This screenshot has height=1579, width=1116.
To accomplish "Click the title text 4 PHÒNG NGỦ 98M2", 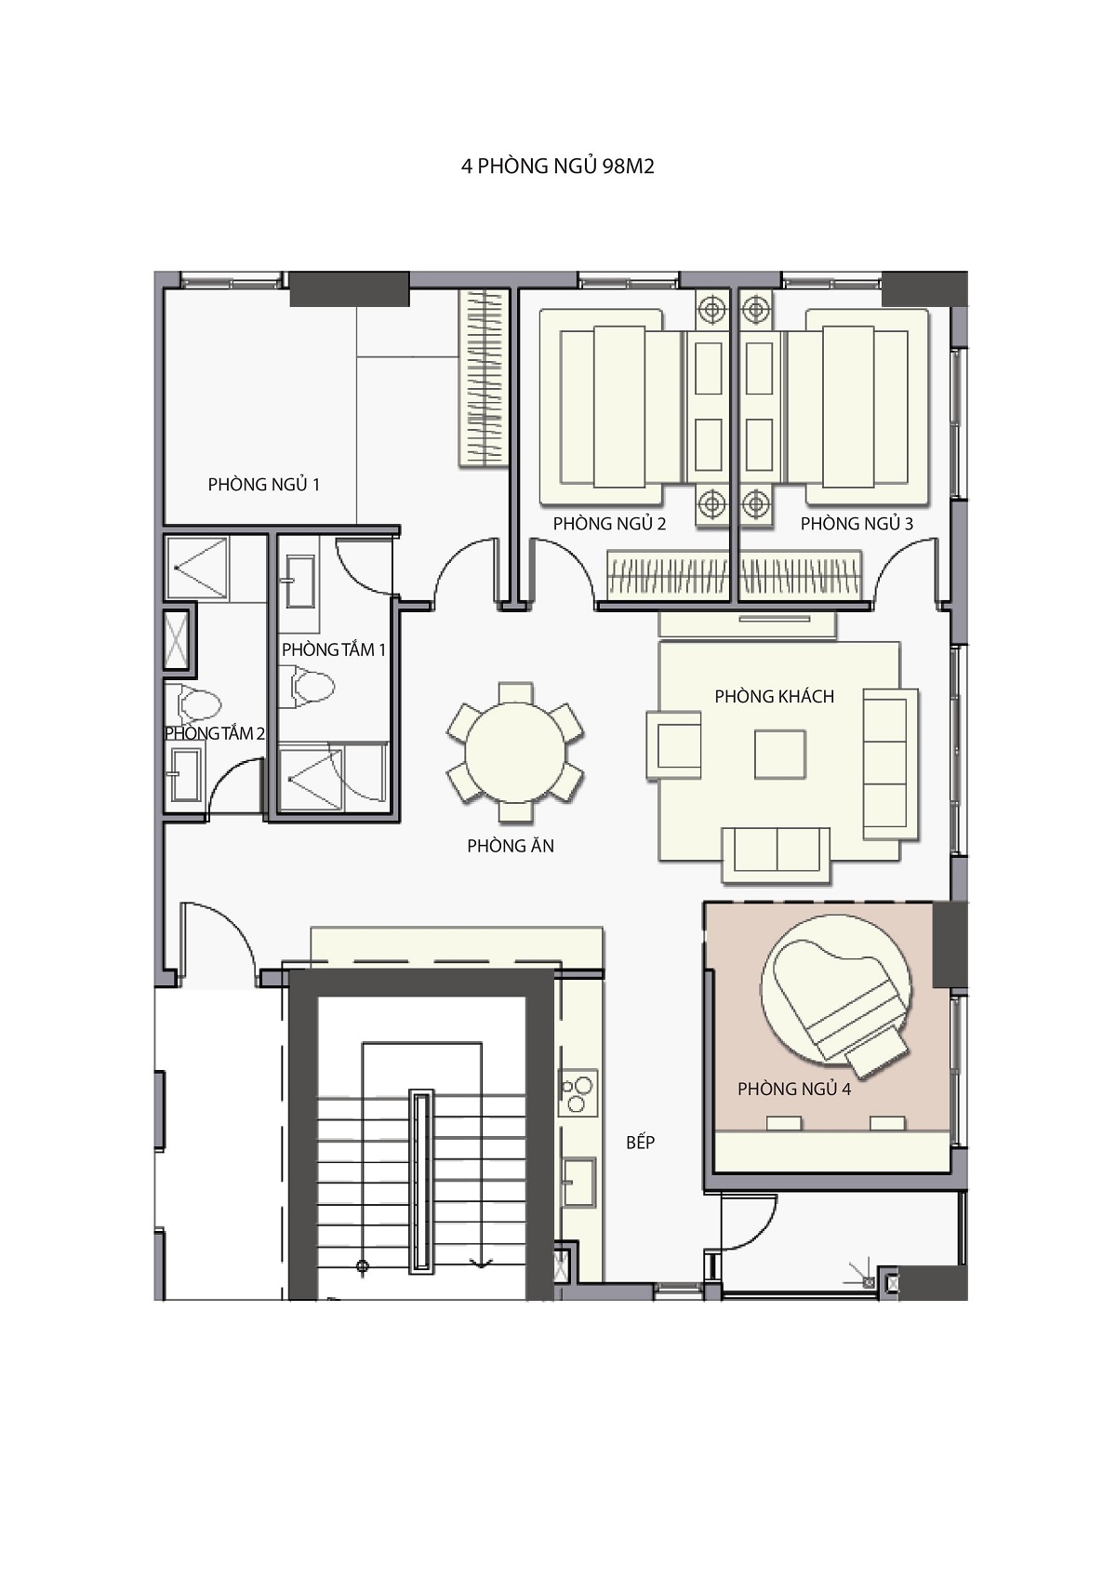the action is click(557, 167).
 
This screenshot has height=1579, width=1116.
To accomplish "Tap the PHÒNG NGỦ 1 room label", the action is click(263, 484).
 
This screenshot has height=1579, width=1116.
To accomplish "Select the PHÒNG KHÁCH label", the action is click(775, 696).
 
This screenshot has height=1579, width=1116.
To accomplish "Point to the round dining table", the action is click(515, 752).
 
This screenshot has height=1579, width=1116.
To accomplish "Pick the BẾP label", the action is click(641, 1143).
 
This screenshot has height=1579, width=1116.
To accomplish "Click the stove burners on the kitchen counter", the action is click(578, 1092).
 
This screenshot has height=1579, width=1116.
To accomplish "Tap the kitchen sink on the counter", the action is click(579, 1182).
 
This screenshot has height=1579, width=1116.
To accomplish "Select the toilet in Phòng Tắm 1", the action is click(312, 686).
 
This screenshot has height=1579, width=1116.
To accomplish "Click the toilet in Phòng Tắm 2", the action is click(199, 703).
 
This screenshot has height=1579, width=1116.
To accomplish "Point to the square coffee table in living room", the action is click(780, 755).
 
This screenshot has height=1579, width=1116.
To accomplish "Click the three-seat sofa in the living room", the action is click(890, 764).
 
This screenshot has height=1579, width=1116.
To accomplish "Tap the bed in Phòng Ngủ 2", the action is click(611, 408).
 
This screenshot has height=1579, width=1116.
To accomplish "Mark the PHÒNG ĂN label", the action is click(511, 846).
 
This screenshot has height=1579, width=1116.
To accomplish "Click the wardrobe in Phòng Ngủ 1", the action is click(484, 379).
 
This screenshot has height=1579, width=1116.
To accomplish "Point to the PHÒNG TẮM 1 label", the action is click(334, 649).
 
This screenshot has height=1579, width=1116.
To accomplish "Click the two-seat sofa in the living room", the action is click(777, 854).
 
